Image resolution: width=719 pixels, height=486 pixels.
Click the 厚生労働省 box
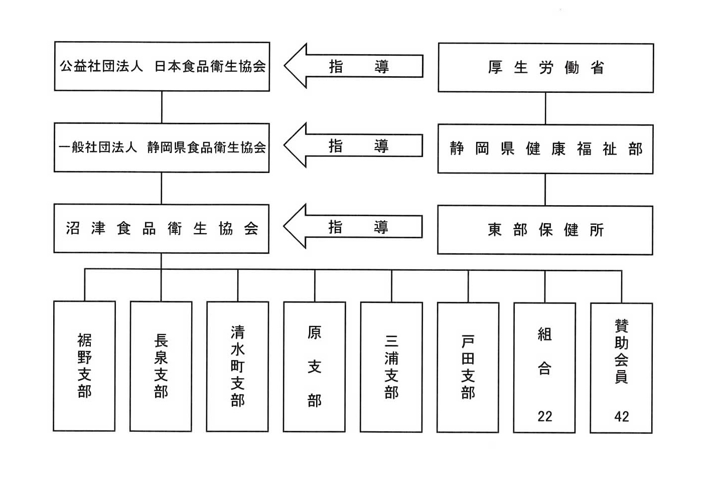[546, 68]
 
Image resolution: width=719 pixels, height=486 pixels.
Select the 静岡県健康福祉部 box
[545, 149]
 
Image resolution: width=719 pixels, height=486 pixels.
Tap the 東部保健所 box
[545, 230]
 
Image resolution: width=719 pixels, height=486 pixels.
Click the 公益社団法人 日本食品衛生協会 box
[162, 66]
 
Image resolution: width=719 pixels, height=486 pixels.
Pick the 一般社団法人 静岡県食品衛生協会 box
[162, 147]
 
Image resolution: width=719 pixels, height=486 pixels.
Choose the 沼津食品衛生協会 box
[162, 229]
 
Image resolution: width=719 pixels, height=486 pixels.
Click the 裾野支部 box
[84, 366]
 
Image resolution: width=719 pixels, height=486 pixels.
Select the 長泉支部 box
[161, 366]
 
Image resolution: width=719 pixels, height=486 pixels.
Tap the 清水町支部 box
[237, 367]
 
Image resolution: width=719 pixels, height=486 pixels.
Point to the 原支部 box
[314, 367]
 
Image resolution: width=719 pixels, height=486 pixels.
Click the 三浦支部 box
[391, 367]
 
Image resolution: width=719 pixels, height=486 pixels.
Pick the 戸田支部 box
[468, 368]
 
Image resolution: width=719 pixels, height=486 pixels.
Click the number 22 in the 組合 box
[545, 416]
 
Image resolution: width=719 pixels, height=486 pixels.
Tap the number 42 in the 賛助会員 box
[622, 417]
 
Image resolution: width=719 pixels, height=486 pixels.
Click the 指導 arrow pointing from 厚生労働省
[353, 66]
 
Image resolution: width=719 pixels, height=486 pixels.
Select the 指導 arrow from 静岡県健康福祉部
[353, 145]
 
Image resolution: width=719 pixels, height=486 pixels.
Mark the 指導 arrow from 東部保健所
[353, 227]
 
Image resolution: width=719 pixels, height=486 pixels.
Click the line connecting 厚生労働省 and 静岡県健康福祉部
[545, 109]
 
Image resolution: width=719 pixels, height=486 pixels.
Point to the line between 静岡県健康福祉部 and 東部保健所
[545, 190]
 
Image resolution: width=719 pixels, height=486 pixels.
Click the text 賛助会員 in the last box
[622, 351]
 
